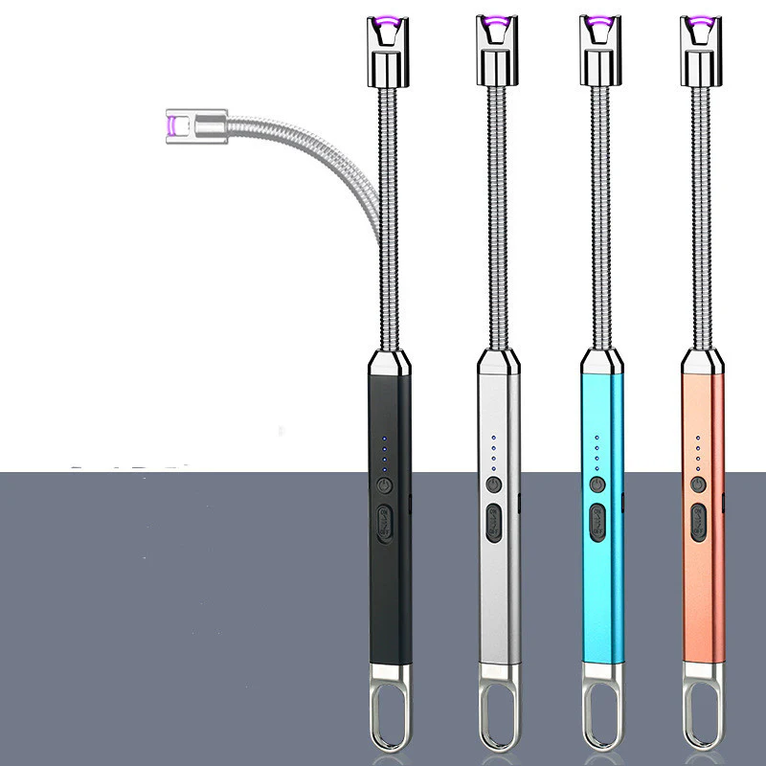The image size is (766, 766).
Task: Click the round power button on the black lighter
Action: pos(384,484)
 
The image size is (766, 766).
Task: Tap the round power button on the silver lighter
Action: pos(493,484)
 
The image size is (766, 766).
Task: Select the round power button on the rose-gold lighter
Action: pos(699,484)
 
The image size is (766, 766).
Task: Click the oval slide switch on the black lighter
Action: pos(385,525)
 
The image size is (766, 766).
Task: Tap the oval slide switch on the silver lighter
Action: pos(494,525)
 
